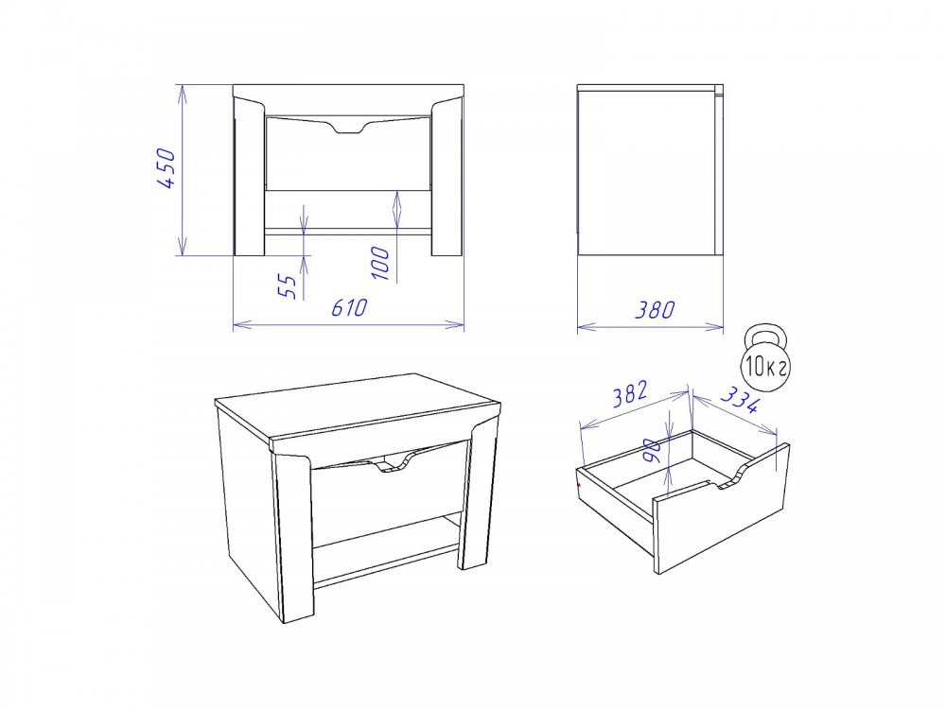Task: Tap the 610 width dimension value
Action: (x=349, y=307)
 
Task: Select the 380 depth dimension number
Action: (x=656, y=309)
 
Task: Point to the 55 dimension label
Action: (x=289, y=286)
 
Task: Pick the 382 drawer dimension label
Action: (x=630, y=393)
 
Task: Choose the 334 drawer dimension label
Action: (x=739, y=399)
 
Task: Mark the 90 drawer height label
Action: (x=653, y=450)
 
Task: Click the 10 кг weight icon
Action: (x=764, y=358)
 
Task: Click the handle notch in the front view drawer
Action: (x=349, y=128)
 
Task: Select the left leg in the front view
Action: (x=249, y=178)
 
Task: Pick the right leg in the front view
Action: (x=447, y=178)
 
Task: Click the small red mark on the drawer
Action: (x=579, y=483)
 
